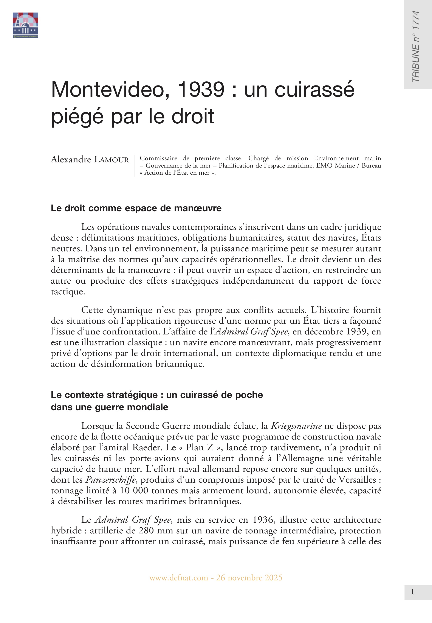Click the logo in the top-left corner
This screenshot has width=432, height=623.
[x=25, y=25]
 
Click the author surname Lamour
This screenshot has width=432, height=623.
[x=111, y=160]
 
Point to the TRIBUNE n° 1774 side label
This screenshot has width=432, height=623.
[x=415, y=46]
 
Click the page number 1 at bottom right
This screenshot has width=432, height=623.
[x=412, y=592]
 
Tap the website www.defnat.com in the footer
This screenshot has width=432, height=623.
[x=179, y=578]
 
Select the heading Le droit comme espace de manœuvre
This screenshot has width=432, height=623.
[x=136, y=208]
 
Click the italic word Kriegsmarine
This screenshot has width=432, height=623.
[x=296, y=426]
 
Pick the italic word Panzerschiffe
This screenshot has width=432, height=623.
[x=111, y=480]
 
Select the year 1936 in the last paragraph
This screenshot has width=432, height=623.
[x=264, y=520]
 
